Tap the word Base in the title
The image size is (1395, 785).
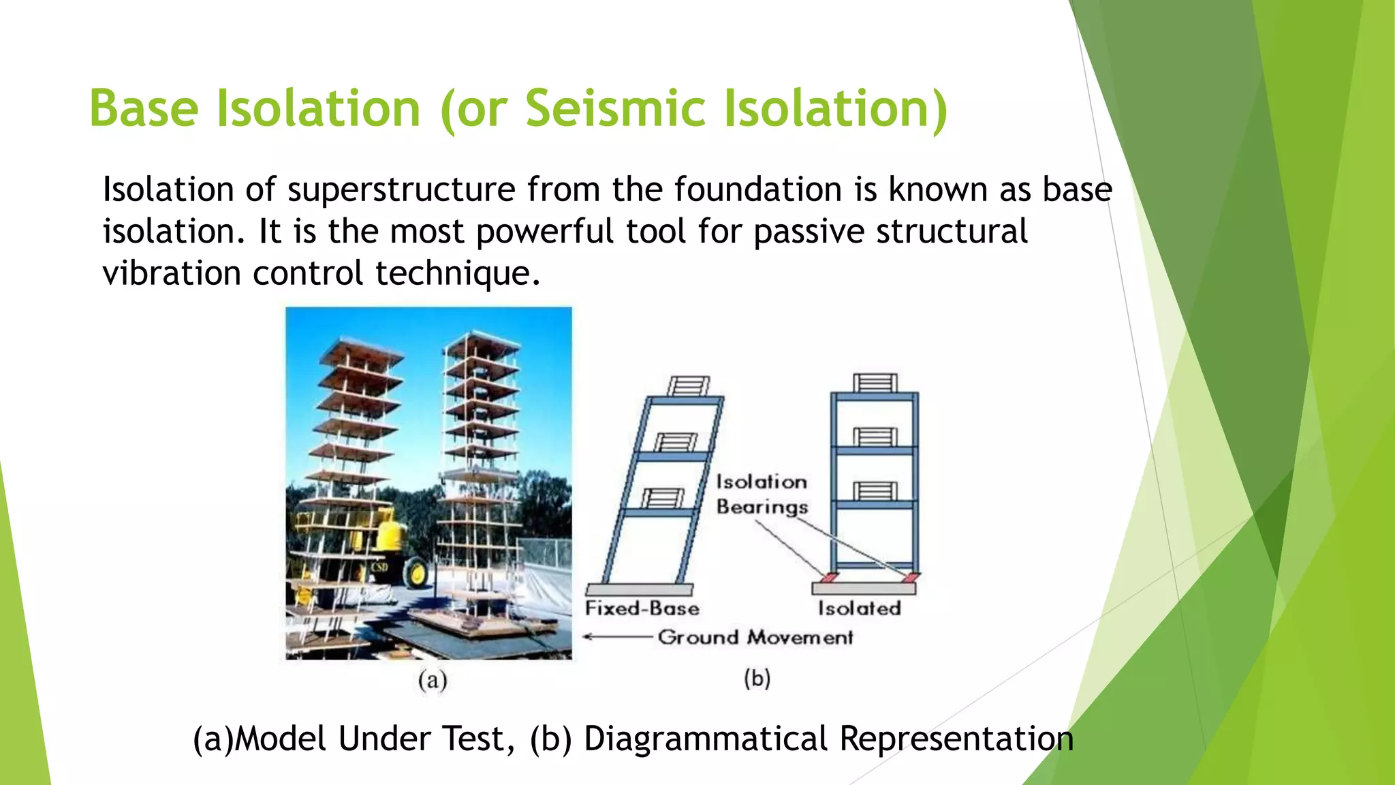(x=144, y=109)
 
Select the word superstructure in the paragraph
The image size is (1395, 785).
(x=402, y=189)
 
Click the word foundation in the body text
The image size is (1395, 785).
(x=758, y=189)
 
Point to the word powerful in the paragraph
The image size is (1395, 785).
(x=545, y=232)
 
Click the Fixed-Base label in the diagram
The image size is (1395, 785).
(x=642, y=608)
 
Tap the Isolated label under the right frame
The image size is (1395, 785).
(x=859, y=608)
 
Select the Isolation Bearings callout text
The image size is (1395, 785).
(x=762, y=494)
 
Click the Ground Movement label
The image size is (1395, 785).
(x=755, y=637)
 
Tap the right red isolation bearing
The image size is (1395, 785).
(x=911, y=578)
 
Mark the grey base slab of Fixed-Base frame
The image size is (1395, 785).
(x=639, y=589)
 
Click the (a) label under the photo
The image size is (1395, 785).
(x=433, y=680)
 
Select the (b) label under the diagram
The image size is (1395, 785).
(x=757, y=679)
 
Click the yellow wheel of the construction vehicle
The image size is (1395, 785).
(x=416, y=572)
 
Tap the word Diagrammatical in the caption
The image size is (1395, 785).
(x=706, y=739)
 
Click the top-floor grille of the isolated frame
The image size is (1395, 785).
(x=875, y=382)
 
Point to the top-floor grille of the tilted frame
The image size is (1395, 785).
(x=689, y=386)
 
